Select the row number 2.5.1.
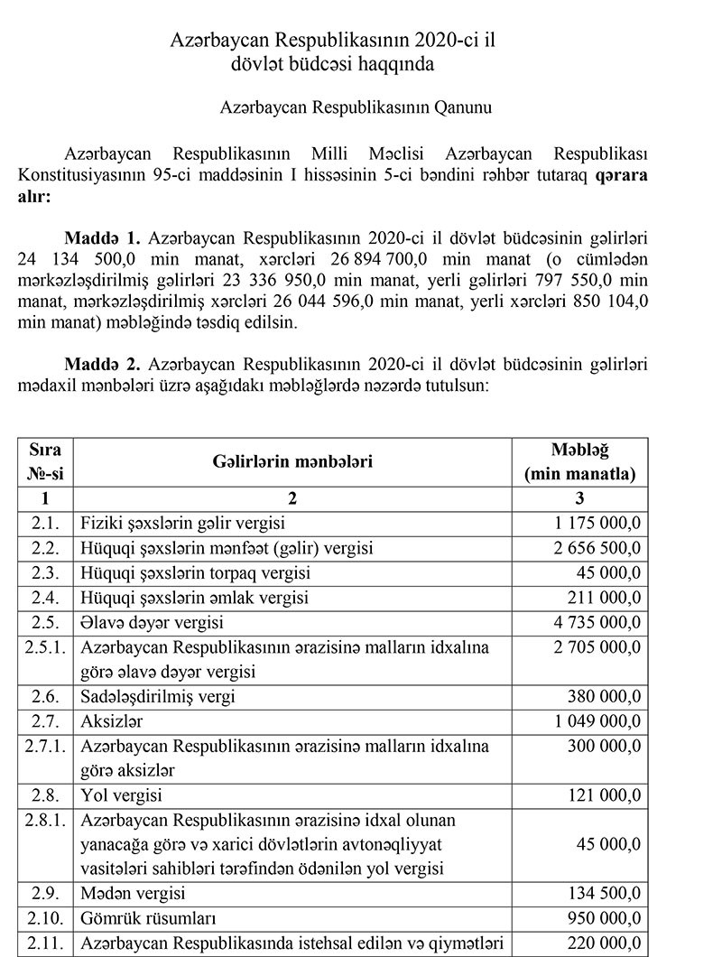(45, 648)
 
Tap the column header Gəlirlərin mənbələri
(293, 461)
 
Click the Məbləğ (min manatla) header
(579, 461)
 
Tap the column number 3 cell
(579, 497)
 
